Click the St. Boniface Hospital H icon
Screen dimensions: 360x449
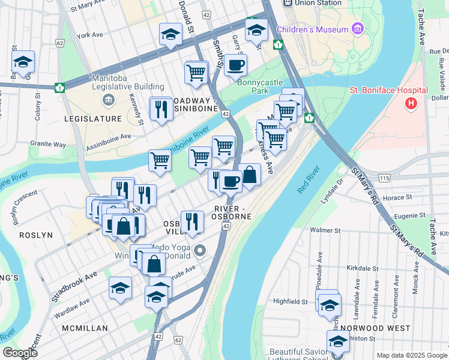coord(411,104)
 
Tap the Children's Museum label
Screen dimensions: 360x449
coord(312,29)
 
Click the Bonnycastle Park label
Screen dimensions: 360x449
coord(261,87)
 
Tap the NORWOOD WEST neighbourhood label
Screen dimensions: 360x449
coord(375,328)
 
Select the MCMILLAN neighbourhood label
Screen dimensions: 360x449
coord(85,328)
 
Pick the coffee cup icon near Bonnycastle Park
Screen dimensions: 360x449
coord(235,65)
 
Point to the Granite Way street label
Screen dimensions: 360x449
coord(48,145)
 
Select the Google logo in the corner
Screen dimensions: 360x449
coord(20,353)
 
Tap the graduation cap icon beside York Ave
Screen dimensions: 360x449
coord(170,34)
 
